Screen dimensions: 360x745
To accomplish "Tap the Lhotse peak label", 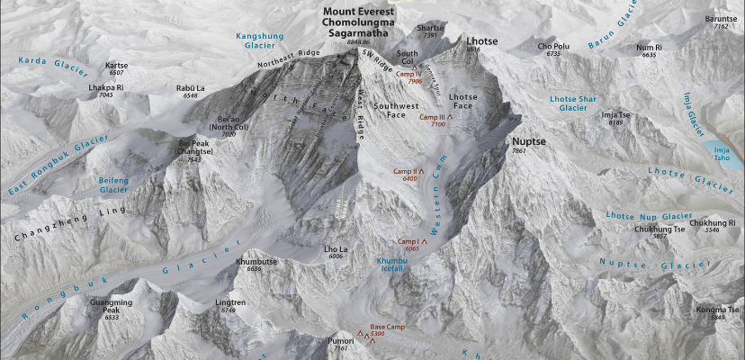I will pyautogui.click(x=479, y=40).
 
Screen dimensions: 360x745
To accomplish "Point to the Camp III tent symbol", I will pyautogui.click(x=451, y=118).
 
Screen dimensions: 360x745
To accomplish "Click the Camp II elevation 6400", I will pyautogui.click(x=411, y=179).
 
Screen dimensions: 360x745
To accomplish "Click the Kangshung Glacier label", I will pyautogui.click(x=254, y=40).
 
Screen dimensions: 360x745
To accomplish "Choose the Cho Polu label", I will pyautogui.click(x=553, y=46).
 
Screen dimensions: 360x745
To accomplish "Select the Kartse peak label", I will pyautogui.click(x=117, y=66).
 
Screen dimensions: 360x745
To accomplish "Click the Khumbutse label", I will pyautogui.click(x=248, y=262).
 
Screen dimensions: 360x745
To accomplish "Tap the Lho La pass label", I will pyautogui.click(x=337, y=249).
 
